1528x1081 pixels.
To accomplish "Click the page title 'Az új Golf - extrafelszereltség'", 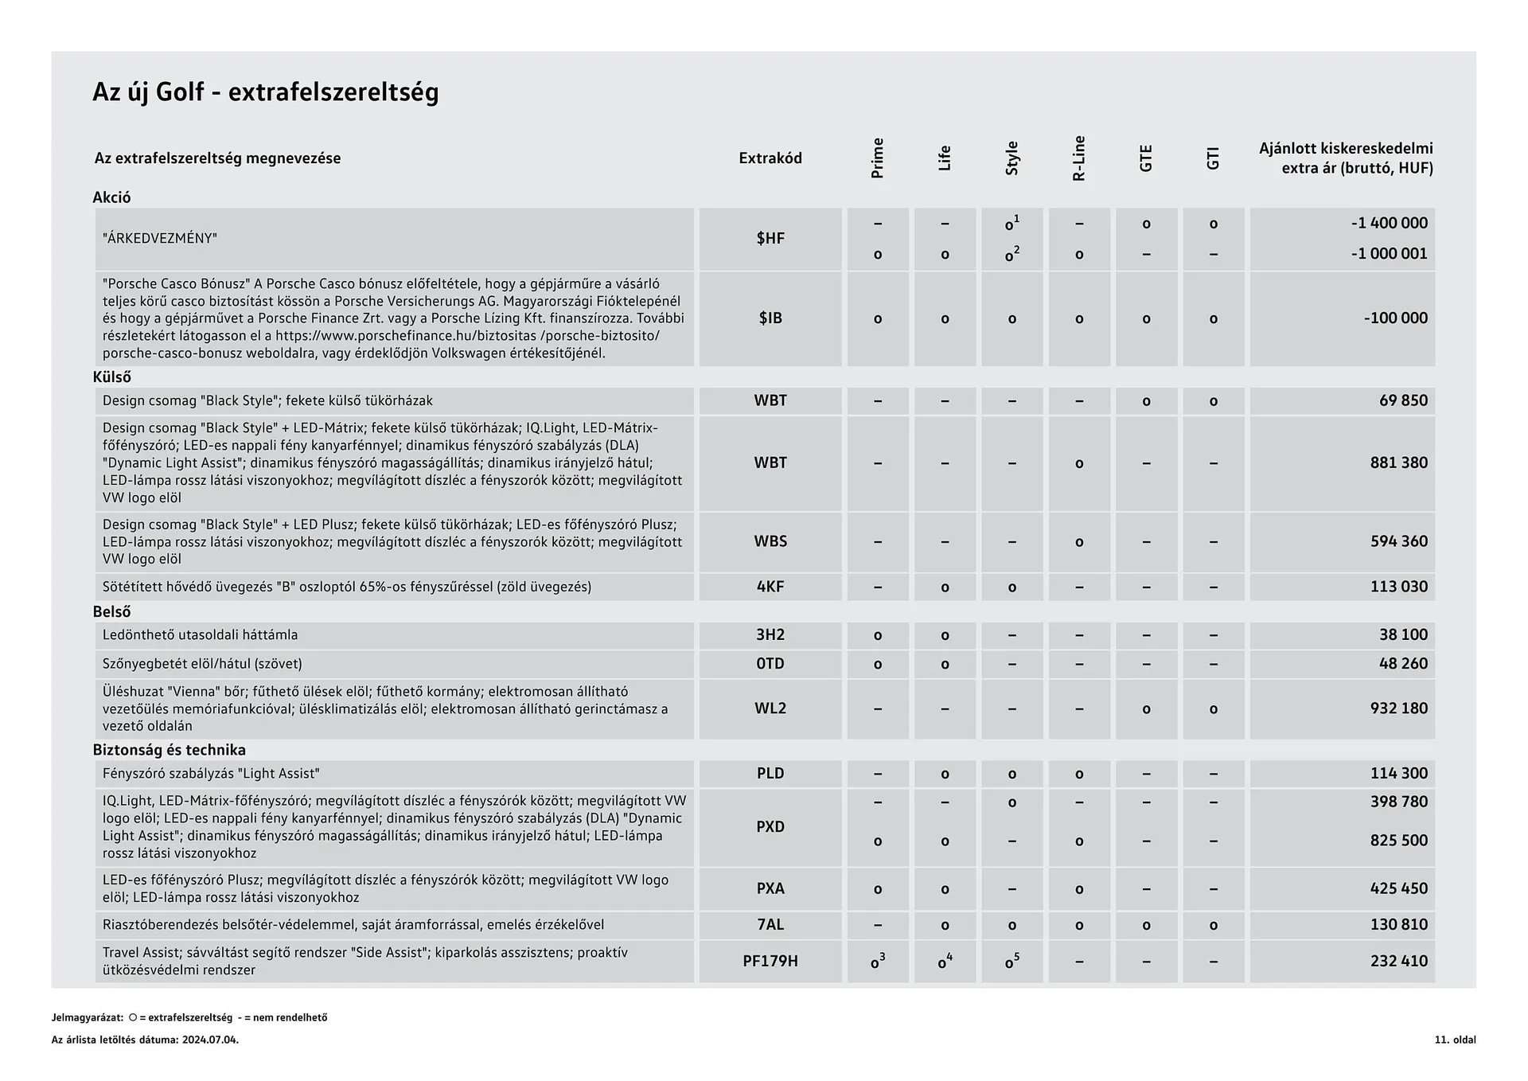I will (x=265, y=92).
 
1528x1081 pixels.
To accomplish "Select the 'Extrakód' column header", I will (x=770, y=158).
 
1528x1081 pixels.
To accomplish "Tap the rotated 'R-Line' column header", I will (x=1078, y=158).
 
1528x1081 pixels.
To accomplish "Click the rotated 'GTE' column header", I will (x=1145, y=158).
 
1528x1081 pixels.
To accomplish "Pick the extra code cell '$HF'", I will (x=770, y=238).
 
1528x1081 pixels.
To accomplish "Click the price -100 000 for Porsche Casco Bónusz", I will (x=1395, y=318).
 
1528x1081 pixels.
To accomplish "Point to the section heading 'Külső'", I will (x=111, y=377).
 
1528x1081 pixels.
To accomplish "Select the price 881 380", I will (x=1398, y=462).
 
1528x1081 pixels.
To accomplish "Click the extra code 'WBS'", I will (x=770, y=541).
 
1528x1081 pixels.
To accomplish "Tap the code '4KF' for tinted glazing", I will (x=770, y=587).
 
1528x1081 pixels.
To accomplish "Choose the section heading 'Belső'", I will (x=111, y=612).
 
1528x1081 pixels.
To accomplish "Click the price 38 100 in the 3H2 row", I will (x=1403, y=635).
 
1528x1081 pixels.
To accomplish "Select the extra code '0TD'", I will (x=770, y=664).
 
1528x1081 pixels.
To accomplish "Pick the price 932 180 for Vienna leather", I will (x=1398, y=708).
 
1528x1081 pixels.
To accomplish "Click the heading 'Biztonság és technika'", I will (x=169, y=750).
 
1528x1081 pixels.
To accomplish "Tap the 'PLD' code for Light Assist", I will (x=770, y=774).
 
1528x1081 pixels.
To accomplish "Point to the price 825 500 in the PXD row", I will (x=1398, y=841).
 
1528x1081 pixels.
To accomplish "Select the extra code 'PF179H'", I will (x=770, y=962).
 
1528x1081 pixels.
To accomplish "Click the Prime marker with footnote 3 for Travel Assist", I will (x=877, y=962).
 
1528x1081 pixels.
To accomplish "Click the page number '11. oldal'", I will (x=1455, y=1040).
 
